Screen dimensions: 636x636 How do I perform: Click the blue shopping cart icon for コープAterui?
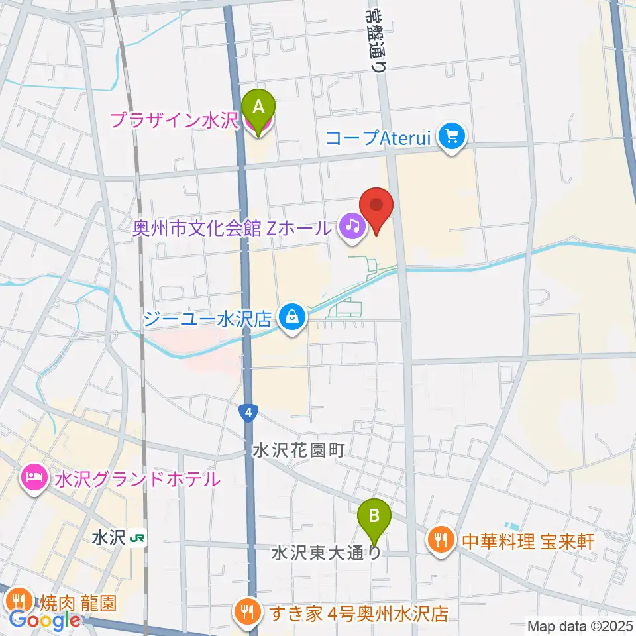pyautogui.click(x=453, y=138)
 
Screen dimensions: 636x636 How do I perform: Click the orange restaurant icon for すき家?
pyautogui.click(x=248, y=610)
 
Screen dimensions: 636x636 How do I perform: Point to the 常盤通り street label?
pyautogui.click(x=376, y=36)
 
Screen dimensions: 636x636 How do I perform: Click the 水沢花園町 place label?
pyautogui.click(x=298, y=451)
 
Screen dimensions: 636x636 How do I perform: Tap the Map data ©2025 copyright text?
pyautogui.click(x=579, y=625)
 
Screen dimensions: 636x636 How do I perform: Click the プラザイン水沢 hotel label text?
pyautogui.click(x=174, y=121)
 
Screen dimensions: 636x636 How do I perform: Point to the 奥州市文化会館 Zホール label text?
pyautogui.click(x=232, y=229)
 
